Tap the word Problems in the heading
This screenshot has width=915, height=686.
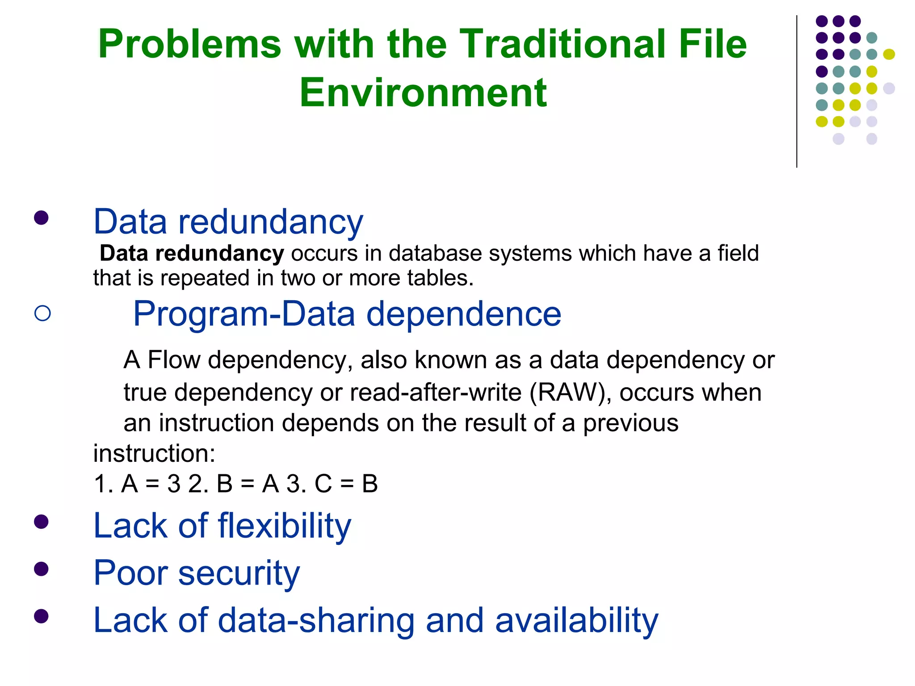(x=189, y=44)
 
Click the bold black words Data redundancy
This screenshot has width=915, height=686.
(x=191, y=253)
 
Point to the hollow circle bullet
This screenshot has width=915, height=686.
(x=42, y=313)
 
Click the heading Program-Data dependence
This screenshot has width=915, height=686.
(x=347, y=314)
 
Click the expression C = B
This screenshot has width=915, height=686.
(x=346, y=484)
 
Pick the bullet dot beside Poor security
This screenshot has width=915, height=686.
(x=41, y=569)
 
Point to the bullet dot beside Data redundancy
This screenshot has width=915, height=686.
(x=41, y=218)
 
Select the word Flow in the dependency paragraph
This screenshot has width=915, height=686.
(x=174, y=360)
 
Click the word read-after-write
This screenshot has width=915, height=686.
(x=436, y=393)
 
